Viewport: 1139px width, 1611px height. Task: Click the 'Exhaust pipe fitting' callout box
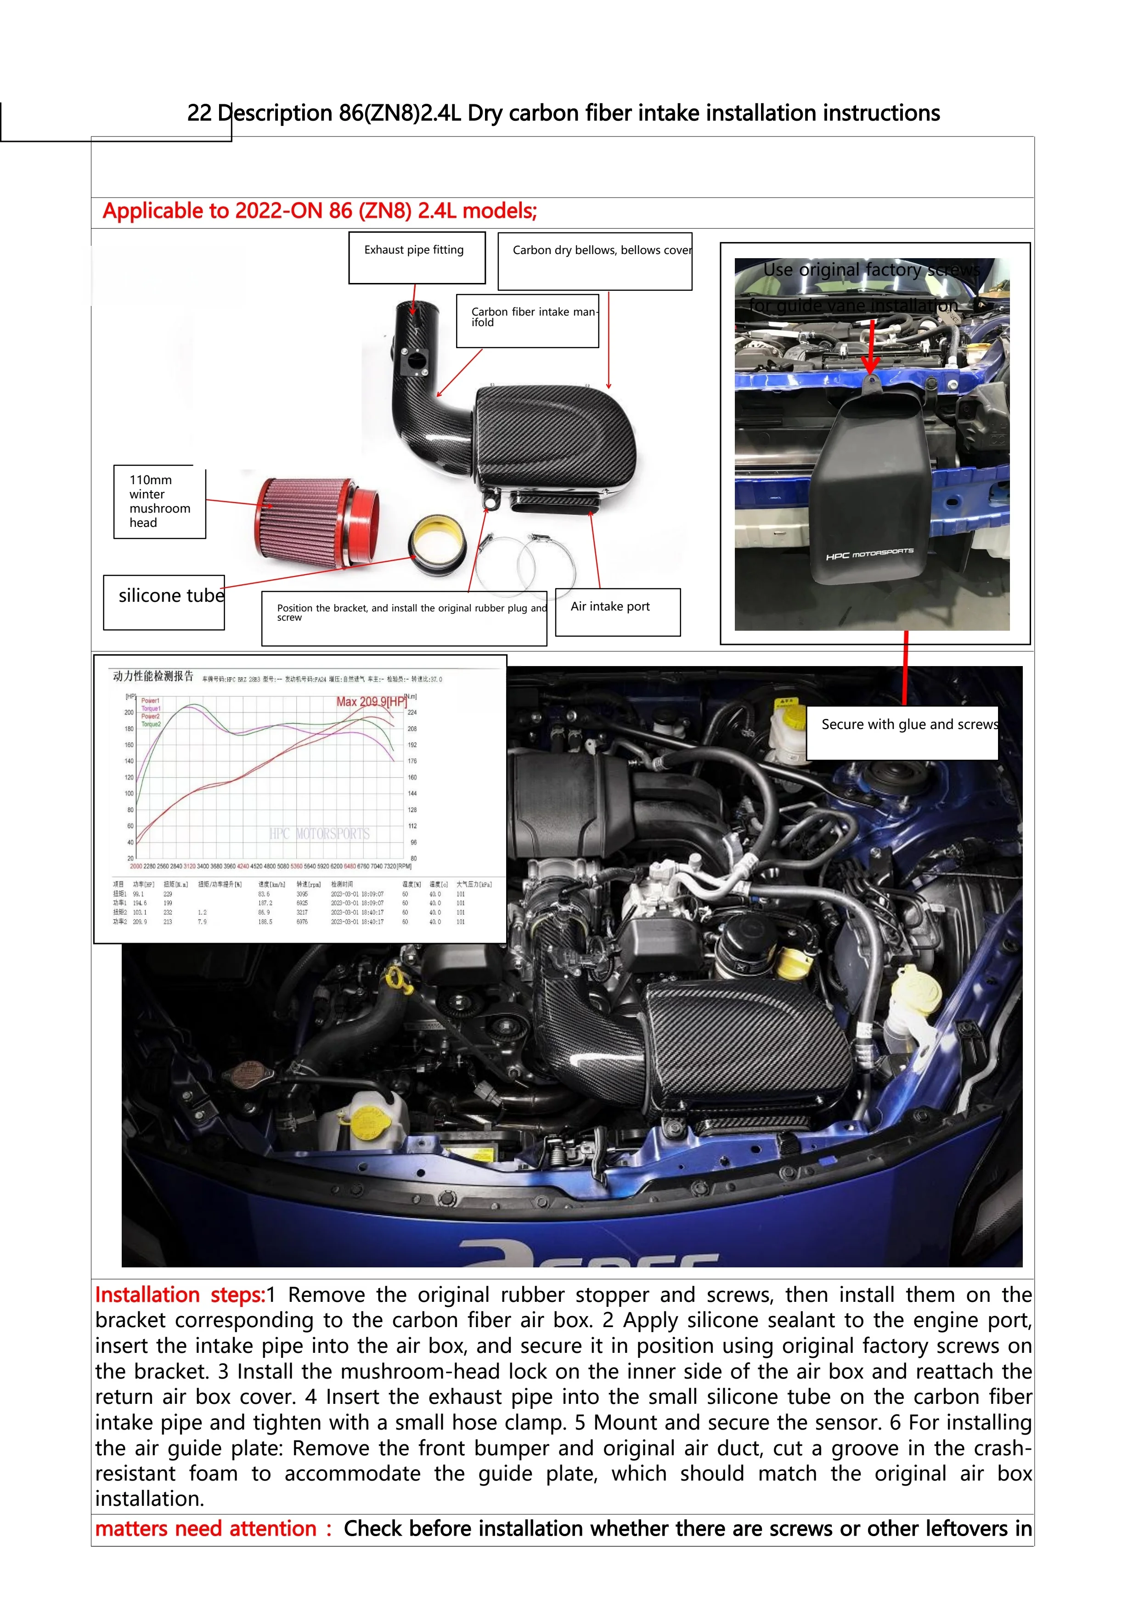click(x=417, y=258)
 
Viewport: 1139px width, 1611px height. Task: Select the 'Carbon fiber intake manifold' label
click(x=527, y=321)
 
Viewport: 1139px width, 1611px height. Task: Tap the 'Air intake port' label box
click(x=617, y=612)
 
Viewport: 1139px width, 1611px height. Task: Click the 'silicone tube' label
click(x=164, y=601)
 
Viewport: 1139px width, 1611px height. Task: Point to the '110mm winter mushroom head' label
click(x=160, y=502)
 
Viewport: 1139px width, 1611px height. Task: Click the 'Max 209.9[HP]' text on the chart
click(x=371, y=701)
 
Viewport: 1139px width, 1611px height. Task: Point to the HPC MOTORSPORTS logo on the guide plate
click(x=870, y=554)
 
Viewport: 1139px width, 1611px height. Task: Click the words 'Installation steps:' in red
click(x=180, y=1294)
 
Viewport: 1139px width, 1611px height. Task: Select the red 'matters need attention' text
click(x=205, y=1528)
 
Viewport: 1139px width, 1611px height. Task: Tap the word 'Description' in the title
click(x=274, y=113)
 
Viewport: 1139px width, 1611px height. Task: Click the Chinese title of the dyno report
click(x=153, y=676)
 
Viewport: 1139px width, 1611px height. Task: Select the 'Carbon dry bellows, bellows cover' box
click(x=595, y=260)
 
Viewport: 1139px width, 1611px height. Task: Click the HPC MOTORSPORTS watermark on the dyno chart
click(x=319, y=834)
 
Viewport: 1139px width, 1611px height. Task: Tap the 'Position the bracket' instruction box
click(x=404, y=617)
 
